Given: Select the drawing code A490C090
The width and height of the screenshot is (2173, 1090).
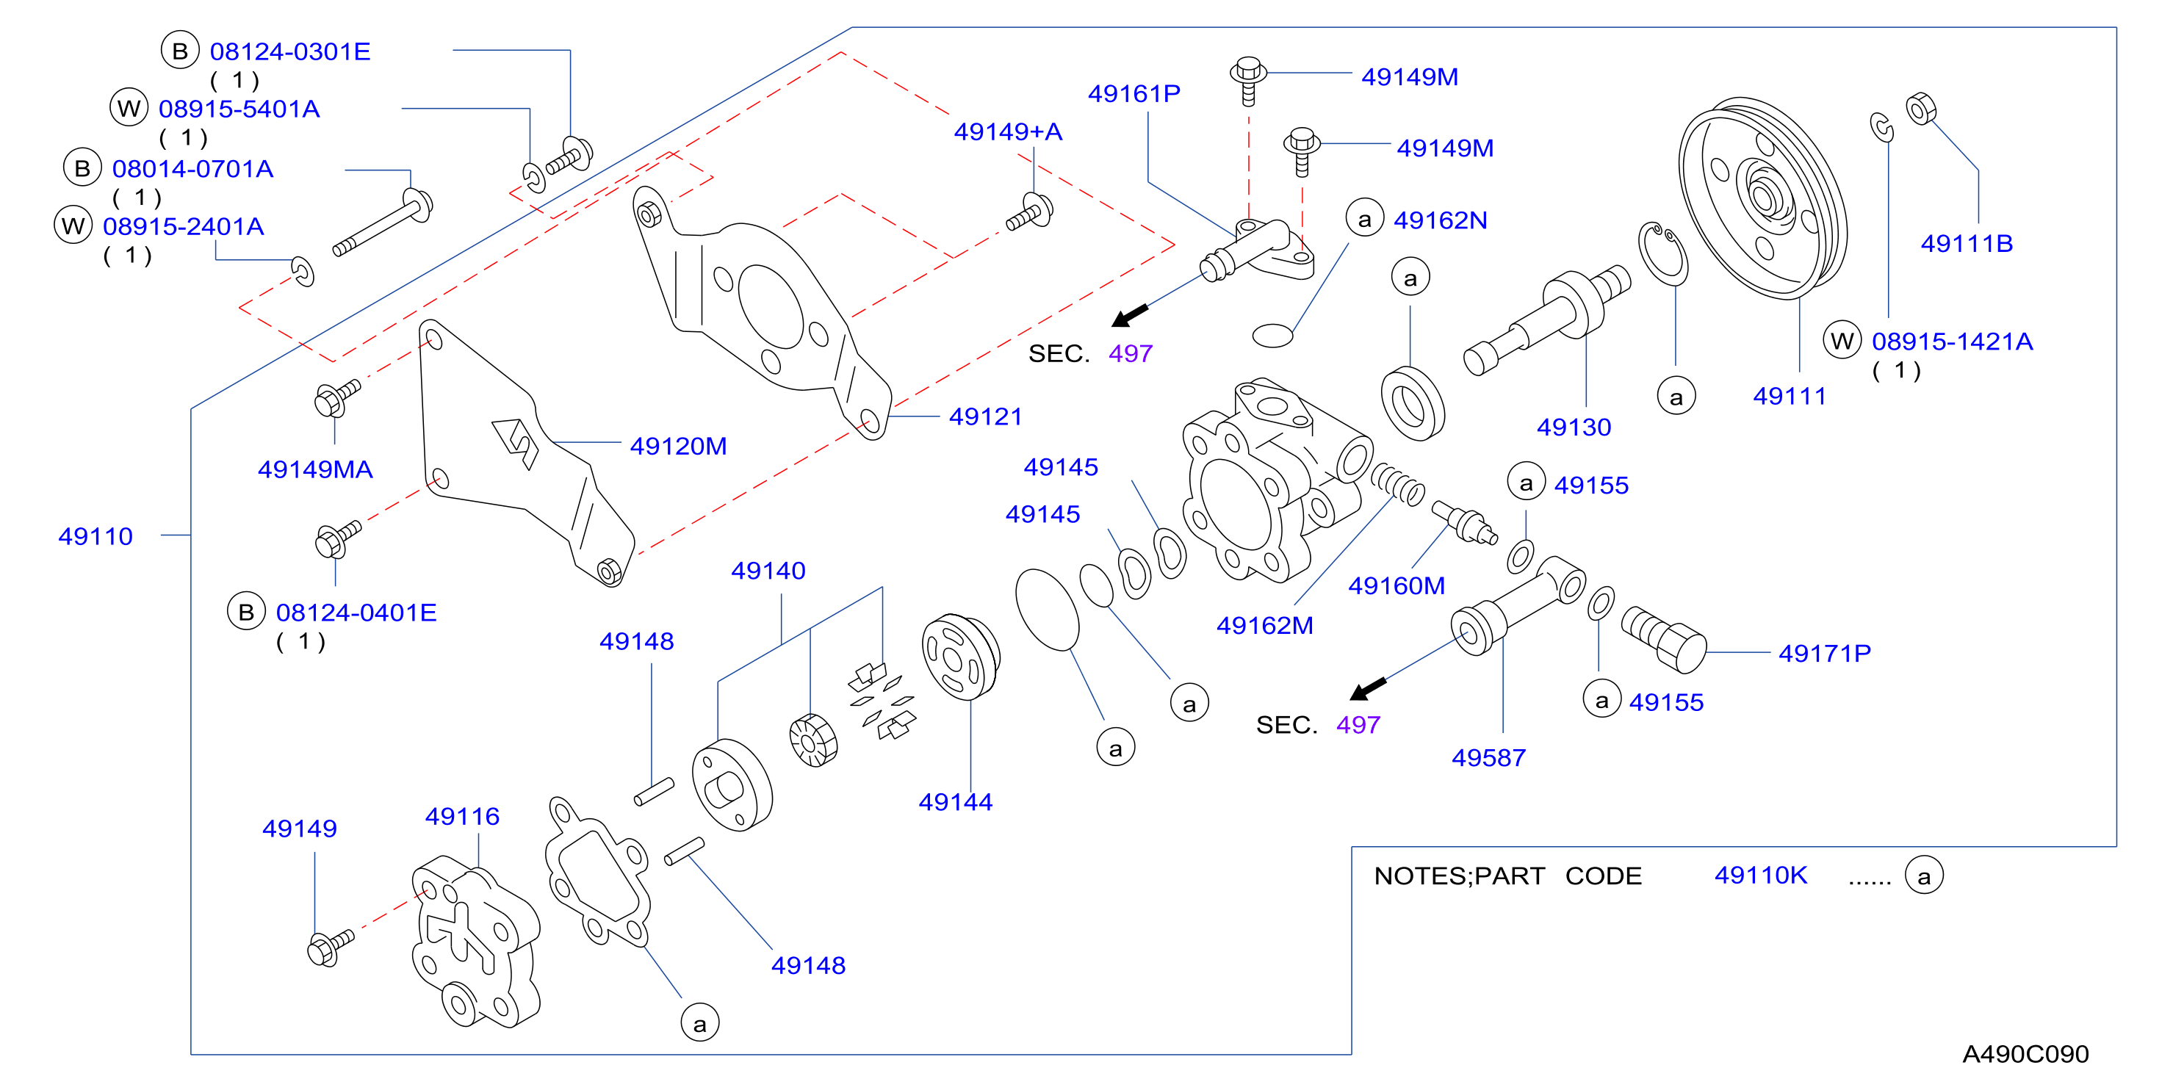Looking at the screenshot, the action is (x=2025, y=1054).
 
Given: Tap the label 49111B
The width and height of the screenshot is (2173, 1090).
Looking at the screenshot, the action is (x=1967, y=243).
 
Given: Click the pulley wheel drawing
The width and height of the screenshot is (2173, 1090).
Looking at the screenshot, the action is (x=1763, y=198).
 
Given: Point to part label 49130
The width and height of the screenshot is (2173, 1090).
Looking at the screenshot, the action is (x=1574, y=427).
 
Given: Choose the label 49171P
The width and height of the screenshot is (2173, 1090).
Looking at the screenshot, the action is (x=1825, y=653).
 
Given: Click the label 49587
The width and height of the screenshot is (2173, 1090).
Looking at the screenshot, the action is (x=1489, y=757).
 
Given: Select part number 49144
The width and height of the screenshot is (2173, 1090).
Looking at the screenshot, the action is (x=956, y=801).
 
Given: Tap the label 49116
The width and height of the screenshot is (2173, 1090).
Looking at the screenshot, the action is (x=462, y=816).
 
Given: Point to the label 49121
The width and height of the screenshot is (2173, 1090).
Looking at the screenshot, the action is (x=985, y=416).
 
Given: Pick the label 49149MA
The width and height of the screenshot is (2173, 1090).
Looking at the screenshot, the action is (x=315, y=469).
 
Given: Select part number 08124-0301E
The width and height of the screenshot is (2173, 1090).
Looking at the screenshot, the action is (x=290, y=51).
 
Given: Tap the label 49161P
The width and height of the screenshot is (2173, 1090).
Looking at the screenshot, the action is (x=1134, y=93).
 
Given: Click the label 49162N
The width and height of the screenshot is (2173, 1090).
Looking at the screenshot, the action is (x=1440, y=220).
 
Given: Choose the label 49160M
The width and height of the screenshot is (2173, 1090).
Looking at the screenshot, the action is (x=1396, y=585).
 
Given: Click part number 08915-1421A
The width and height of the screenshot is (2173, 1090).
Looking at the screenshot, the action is (x=1952, y=341).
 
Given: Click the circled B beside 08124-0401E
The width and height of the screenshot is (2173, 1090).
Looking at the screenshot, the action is (x=246, y=612).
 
